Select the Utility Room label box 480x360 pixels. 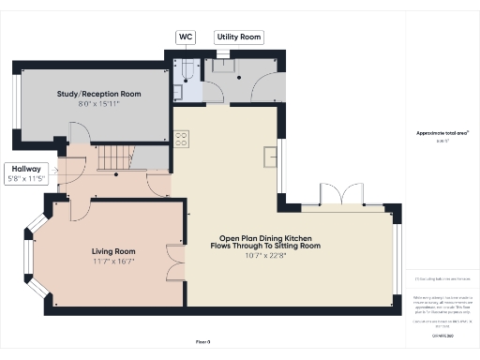click(x=238, y=37)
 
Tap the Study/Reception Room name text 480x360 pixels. click(x=98, y=94)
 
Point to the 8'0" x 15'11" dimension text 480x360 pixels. click(x=98, y=105)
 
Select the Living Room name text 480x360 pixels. click(x=113, y=251)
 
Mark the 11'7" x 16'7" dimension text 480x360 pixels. click(x=113, y=262)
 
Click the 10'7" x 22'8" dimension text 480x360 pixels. click(x=270, y=255)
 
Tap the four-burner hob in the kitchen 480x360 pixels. click(x=182, y=139)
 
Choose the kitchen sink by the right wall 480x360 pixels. click(x=272, y=156)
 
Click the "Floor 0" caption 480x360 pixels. click(x=203, y=341)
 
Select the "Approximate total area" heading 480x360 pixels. click(x=442, y=133)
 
